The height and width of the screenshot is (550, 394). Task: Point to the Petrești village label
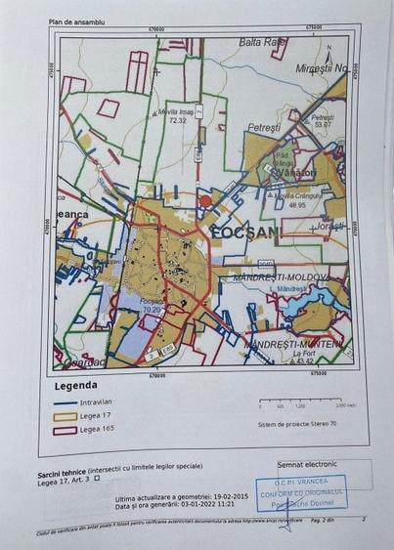tap(263, 127)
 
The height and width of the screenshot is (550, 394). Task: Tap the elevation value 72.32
tap(177, 120)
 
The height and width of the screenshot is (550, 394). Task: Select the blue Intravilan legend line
tap(62, 401)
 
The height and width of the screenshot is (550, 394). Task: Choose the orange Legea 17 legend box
tap(62, 414)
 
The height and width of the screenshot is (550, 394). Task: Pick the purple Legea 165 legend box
tap(62, 429)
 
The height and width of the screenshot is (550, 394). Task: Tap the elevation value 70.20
tap(151, 310)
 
